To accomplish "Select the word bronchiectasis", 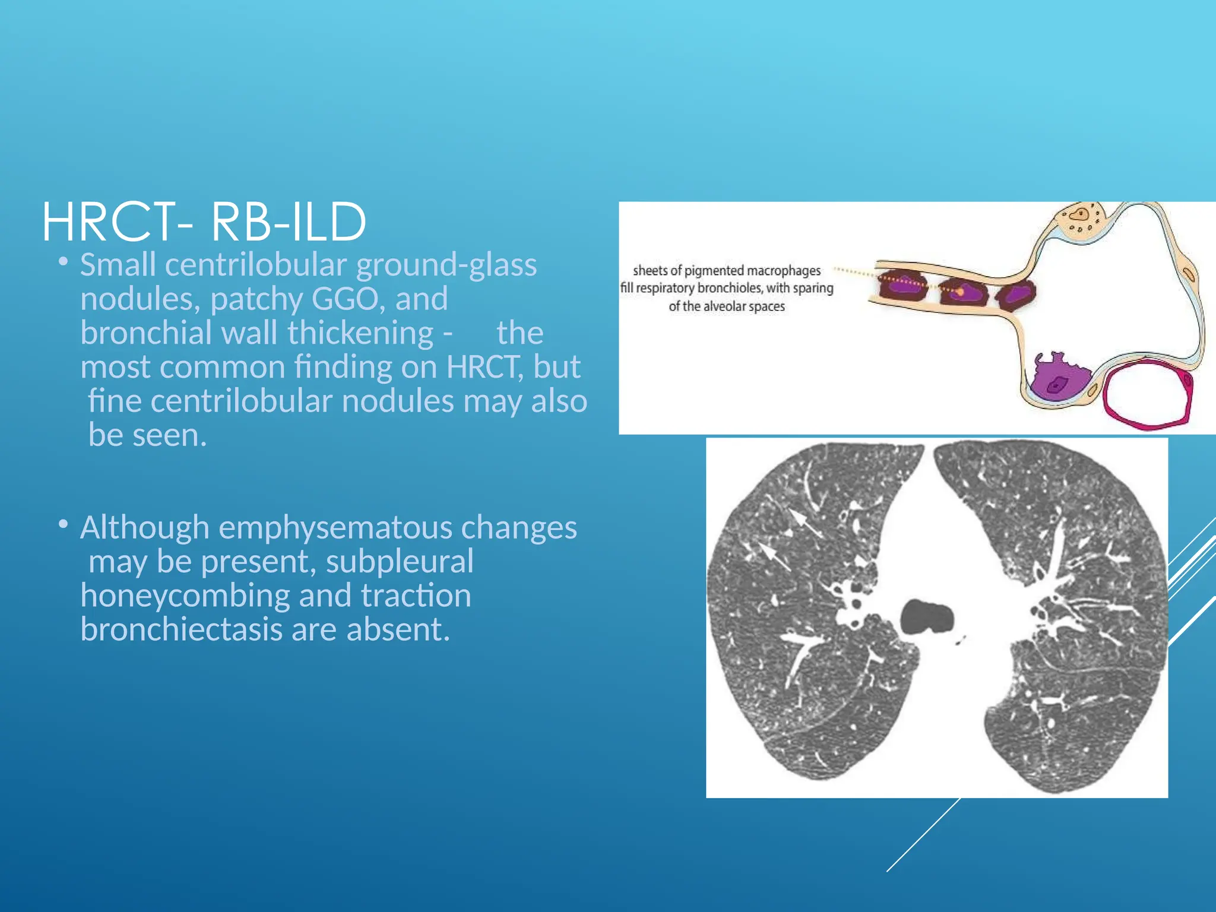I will [180, 630].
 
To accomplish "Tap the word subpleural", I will [399, 562].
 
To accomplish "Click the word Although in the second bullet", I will [144, 528].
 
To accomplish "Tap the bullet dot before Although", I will [63, 524].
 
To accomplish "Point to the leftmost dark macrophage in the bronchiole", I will [902, 285].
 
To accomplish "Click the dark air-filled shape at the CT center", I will [927, 617].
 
